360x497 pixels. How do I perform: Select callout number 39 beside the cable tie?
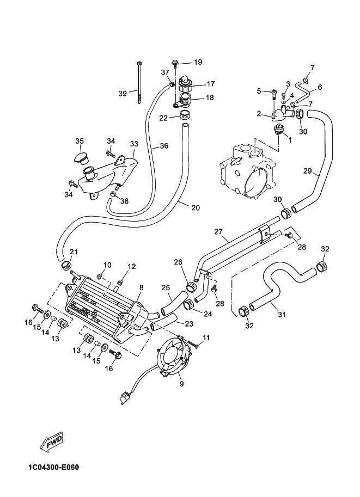click(122, 93)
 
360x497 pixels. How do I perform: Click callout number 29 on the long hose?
click(308, 171)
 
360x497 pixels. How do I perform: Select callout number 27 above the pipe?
click(218, 232)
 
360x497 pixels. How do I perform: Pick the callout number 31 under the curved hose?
click(282, 314)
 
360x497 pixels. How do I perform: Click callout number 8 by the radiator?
click(142, 287)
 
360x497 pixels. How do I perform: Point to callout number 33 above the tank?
click(134, 144)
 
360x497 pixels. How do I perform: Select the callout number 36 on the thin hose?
click(164, 146)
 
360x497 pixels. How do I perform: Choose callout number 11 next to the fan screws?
click(206, 339)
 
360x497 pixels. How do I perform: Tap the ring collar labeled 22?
click(184, 115)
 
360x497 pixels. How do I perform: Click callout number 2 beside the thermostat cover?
click(259, 114)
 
